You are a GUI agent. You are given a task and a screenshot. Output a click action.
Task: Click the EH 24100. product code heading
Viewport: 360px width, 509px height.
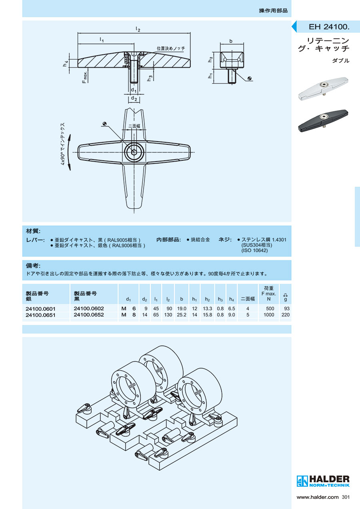[x=329, y=27]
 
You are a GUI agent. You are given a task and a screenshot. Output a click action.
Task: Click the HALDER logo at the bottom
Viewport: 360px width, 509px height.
[x=323, y=481]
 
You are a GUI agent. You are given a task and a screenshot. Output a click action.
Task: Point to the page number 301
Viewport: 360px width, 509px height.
[x=346, y=497]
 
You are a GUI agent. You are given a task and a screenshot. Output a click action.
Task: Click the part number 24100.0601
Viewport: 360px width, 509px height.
[x=40, y=309]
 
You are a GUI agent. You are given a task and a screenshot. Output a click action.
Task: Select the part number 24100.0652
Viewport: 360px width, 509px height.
[x=89, y=315]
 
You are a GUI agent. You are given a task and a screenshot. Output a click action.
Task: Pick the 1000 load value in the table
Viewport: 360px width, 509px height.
[x=269, y=315]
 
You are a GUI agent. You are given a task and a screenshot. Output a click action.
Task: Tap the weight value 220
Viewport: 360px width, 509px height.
[x=285, y=315]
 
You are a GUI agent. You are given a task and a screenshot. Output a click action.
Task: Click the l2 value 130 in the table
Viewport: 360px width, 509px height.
[x=168, y=315]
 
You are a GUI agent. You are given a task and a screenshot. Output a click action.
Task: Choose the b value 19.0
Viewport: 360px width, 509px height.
[x=182, y=309]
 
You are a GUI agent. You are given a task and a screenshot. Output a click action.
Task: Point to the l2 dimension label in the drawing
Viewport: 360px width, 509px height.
[x=138, y=29]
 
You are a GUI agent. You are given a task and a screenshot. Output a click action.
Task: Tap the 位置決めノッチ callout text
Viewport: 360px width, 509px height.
[x=171, y=48]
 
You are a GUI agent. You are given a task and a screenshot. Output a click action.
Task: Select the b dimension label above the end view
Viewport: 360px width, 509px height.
[x=231, y=41]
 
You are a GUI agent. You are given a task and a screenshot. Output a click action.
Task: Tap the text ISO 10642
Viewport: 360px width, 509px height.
[x=254, y=250]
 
